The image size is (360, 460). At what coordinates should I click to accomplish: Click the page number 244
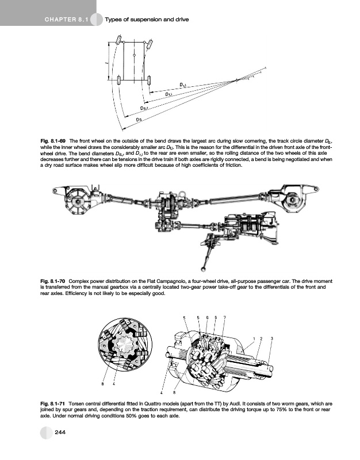click(59, 432)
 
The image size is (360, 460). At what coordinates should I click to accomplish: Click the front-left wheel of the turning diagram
click(119, 41)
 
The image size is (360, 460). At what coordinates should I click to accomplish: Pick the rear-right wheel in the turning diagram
click(150, 79)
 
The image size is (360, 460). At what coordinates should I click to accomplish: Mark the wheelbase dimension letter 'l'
click(107, 61)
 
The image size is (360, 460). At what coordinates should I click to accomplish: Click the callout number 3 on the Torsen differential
click(271, 338)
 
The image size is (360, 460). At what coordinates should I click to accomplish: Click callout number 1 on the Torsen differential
click(254, 338)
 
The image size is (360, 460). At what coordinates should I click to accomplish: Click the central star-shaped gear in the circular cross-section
click(124, 347)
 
